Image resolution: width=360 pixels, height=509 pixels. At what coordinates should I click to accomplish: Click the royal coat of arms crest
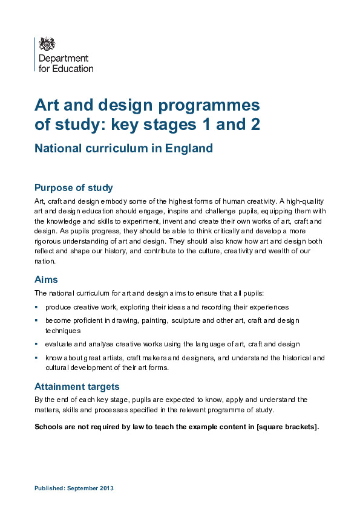[x=47, y=44]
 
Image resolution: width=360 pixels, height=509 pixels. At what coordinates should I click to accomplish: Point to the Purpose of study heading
[x=74, y=187]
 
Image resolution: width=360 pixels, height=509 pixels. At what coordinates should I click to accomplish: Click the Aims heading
[x=47, y=279]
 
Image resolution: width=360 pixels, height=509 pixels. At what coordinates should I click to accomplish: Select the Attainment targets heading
[x=77, y=386]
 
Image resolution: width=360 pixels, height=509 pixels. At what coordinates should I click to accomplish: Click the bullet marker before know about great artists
[x=36, y=358]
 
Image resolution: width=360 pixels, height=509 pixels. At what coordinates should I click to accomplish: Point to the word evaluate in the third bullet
[x=59, y=344]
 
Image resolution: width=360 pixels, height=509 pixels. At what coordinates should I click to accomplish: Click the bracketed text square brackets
[x=288, y=426]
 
